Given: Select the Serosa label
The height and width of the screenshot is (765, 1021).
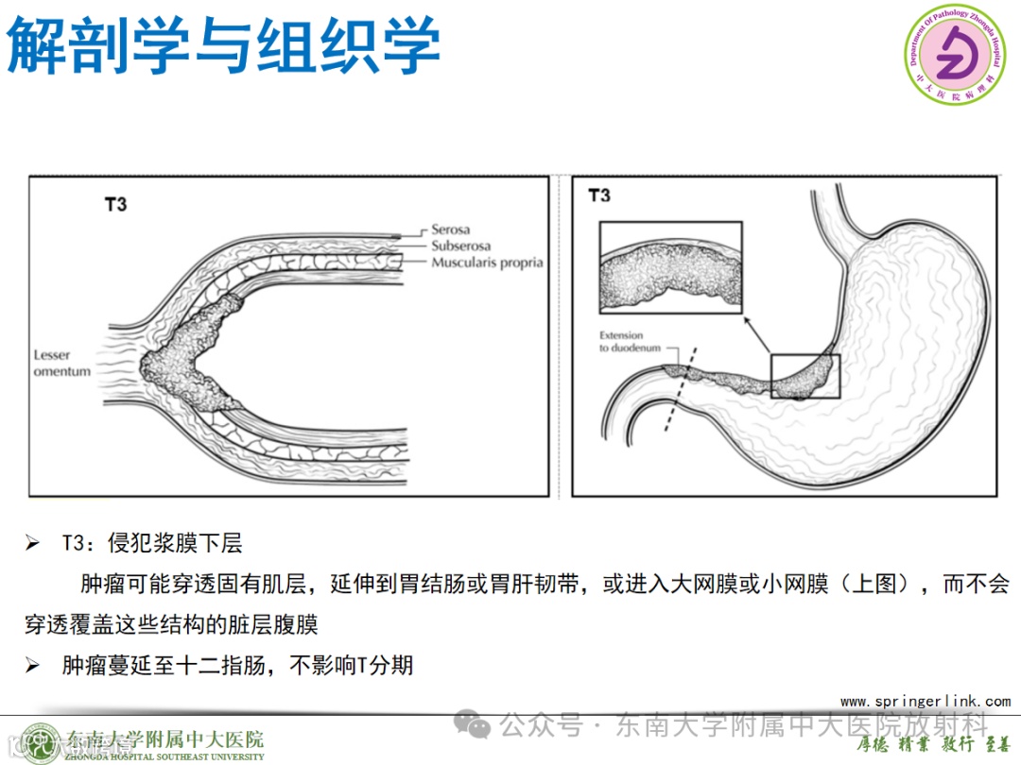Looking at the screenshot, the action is tap(450, 229).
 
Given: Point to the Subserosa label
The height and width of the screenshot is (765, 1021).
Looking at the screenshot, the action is tap(460, 246).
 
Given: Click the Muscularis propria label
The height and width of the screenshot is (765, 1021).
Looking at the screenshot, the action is tap(487, 263).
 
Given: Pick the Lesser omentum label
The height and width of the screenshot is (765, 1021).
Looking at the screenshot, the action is tap(62, 364).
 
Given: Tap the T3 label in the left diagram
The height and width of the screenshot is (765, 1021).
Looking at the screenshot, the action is tap(114, 203).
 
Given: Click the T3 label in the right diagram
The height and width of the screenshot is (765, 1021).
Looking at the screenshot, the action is tap(599, 195).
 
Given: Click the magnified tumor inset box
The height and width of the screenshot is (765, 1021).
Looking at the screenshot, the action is tap(670, 268).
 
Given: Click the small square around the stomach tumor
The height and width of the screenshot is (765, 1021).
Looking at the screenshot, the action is tap(805, 376).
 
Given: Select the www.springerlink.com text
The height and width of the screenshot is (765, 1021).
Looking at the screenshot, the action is tap(925, 701).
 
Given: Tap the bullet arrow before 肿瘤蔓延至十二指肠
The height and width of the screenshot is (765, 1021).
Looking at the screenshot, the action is tap(33, 666).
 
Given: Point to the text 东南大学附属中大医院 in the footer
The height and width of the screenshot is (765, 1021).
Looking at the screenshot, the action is tap(165, 739).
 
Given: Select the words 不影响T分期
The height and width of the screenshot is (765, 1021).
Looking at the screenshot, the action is tap(352, 666).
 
